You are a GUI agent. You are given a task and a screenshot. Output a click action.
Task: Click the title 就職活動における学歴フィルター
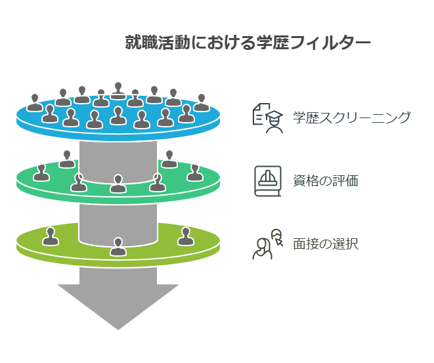pyautogui.click(x=248, y=43)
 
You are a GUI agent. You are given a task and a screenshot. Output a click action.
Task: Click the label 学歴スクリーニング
pyautogui.click(x=351, y=118)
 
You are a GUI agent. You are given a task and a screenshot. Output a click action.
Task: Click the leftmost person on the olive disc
pyautogui.click(x=51, y=236)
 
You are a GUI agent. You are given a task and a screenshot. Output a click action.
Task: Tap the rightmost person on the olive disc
pyautogui.click(x=184, y=236)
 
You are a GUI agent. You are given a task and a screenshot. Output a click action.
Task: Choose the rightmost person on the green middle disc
pyautogui.click(x=194, y=172)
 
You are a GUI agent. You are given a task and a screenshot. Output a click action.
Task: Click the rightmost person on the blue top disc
pyautogui.click(x=201, y=102)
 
